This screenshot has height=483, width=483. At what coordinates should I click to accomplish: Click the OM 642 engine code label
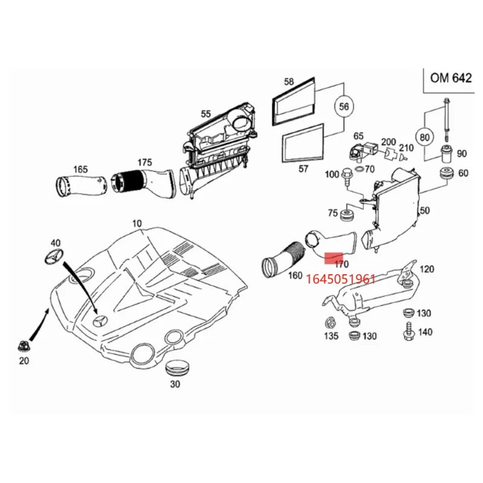point(450,78)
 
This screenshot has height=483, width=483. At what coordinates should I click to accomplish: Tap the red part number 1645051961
point(341,279)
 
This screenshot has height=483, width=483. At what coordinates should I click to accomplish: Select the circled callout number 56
point(344,107)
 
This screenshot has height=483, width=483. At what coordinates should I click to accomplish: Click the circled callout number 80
point(424,137)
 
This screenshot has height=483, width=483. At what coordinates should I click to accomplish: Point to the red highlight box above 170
point(334,258)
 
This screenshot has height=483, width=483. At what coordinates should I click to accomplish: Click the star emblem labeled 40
point(54,256)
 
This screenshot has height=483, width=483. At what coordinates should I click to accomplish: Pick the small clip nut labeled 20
point(23,346)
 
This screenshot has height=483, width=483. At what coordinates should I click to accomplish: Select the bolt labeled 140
point(409,331)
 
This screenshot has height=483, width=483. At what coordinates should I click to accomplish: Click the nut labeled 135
point(330,323)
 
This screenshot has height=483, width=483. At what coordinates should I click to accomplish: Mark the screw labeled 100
point(346,177)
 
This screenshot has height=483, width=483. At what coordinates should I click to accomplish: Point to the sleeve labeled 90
point(446,153)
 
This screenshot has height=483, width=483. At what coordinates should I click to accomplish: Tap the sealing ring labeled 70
point(359,169)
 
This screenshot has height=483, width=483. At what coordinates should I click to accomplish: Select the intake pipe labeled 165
point(81,185)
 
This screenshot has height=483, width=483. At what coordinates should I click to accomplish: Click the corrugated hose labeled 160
point(283,259)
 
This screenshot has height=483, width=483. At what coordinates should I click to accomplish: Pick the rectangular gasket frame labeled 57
point(303,142)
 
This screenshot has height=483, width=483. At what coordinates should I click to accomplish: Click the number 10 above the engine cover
point(137,223)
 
